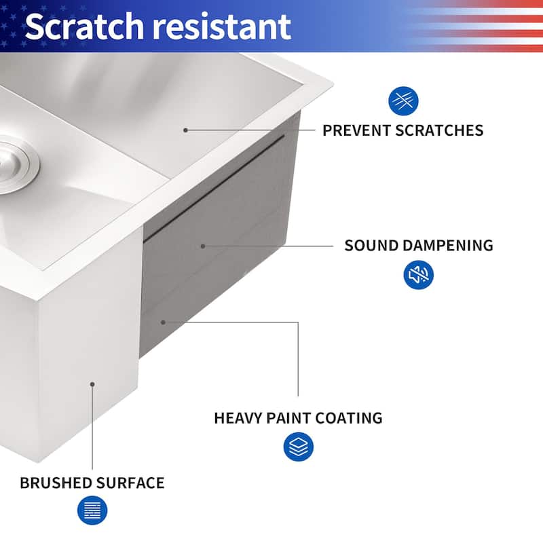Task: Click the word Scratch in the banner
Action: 84,26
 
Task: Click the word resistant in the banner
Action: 222,26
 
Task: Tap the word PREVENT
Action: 357,130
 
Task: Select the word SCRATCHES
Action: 439,130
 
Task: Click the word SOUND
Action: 371,246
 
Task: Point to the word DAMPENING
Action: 448,246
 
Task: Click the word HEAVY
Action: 238,418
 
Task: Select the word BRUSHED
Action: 56,483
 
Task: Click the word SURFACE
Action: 130,483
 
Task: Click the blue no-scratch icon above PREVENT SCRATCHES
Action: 403,101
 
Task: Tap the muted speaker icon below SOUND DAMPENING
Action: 418,275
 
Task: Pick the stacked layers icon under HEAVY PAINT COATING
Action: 299,447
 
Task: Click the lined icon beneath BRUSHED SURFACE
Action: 92,510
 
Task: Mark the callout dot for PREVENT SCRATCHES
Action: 185,130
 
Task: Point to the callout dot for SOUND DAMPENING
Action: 203,246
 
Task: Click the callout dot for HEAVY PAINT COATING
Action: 163,322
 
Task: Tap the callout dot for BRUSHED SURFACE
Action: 92,384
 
